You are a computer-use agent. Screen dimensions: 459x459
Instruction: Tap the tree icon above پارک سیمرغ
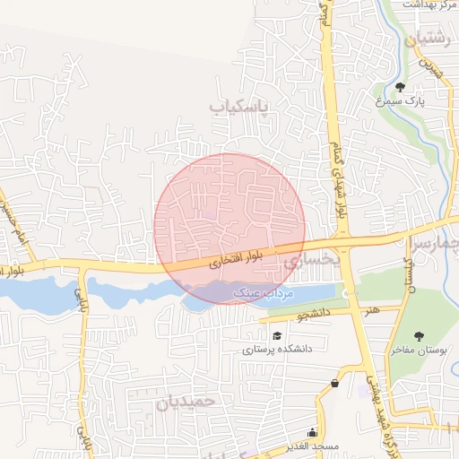399,86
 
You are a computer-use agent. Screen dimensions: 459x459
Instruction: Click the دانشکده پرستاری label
276,350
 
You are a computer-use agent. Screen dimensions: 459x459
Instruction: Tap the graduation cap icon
276,335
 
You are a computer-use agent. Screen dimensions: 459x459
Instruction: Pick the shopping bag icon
334,384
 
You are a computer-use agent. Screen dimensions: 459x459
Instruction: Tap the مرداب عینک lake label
258,293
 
